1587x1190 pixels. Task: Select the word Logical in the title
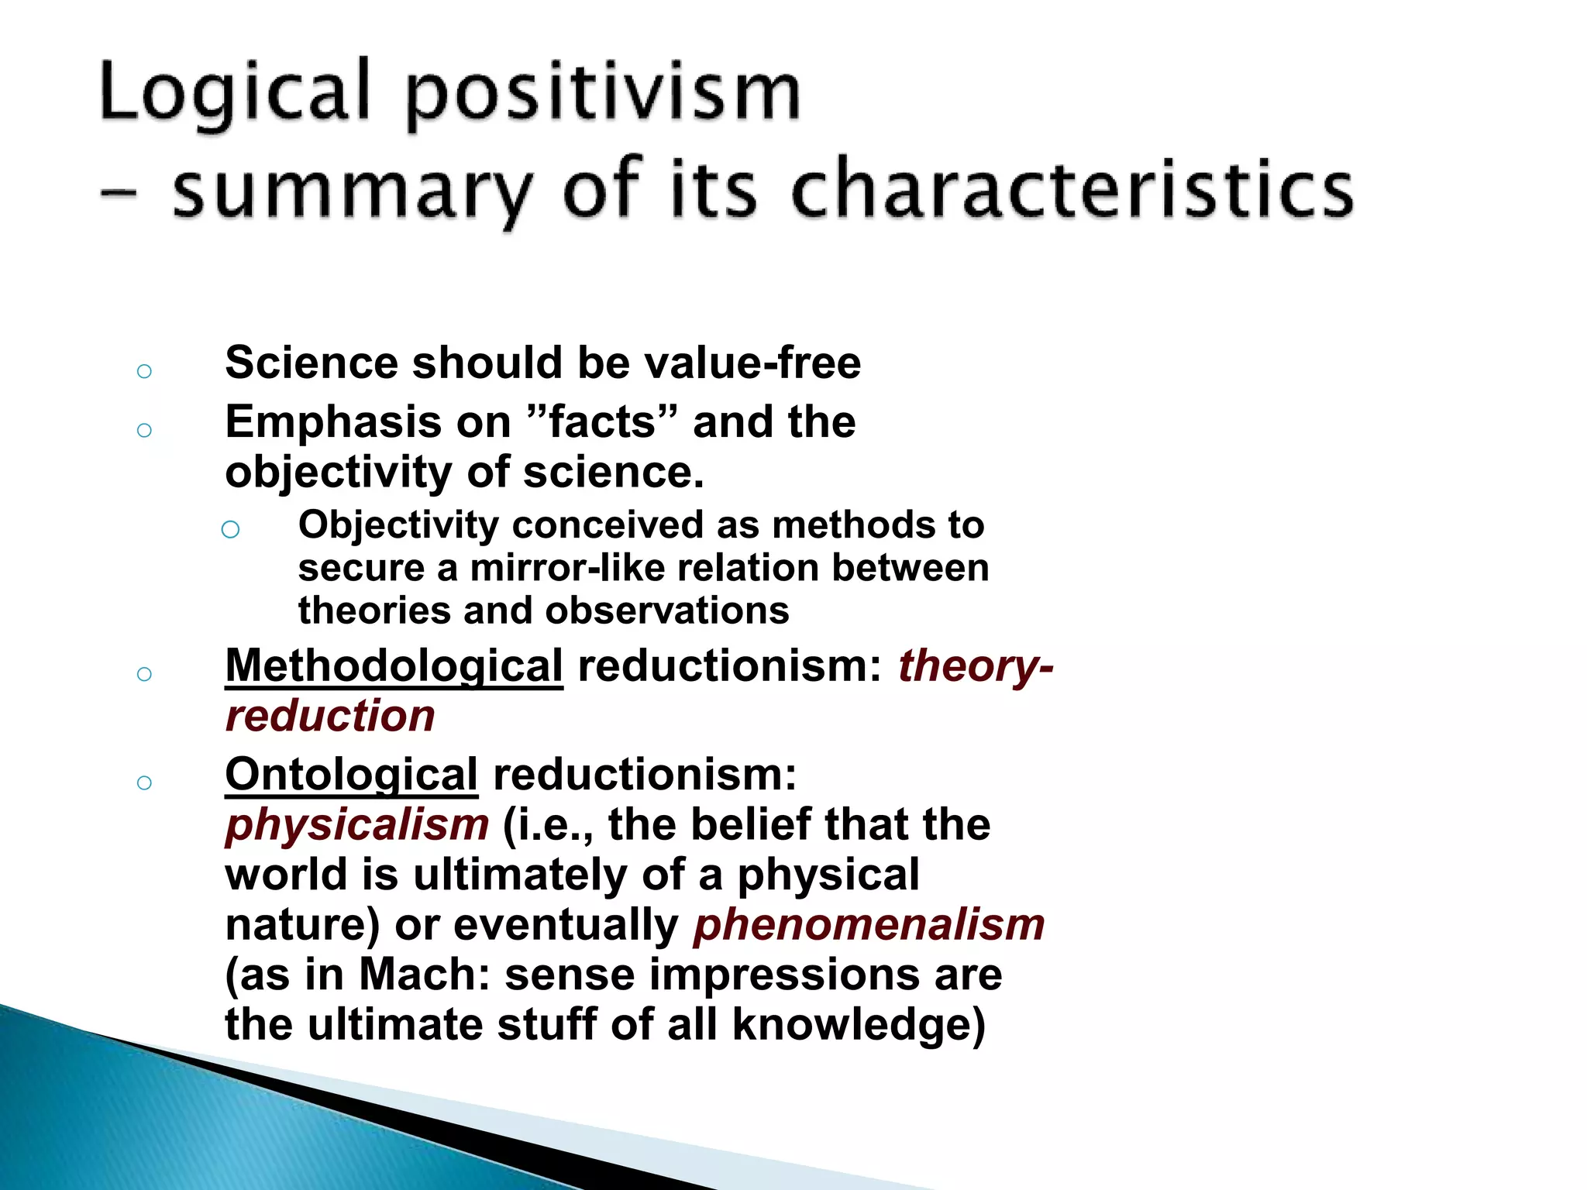(x=235, y=93)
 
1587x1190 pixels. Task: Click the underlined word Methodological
(x=394, y=666)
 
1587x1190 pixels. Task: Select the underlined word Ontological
(x=351, y=775)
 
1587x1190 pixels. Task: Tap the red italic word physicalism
(x=357, y=825)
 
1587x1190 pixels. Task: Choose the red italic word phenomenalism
(x=869, y=925)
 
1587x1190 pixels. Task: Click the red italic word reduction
(x=330, y=716)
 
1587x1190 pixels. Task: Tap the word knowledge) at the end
(x=859, y=1025)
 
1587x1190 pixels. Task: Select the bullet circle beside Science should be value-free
(x=144, y=371)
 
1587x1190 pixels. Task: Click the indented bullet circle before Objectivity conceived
(x=230, y=530)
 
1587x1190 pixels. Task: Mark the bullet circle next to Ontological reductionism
(x=144, y=782)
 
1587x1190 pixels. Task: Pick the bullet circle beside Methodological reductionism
(x=144, y=674)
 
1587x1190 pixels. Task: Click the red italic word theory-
(x=976, y=666)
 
